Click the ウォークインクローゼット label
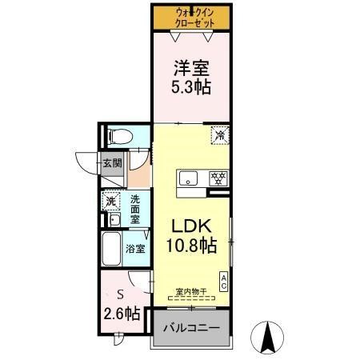pos(191,17)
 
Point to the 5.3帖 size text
pos(191,87)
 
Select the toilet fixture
pos(117,135)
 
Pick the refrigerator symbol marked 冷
pos(218,135)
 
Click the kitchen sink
pos(189,178)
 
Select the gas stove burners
pos(215,178)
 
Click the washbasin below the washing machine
pos(114,220)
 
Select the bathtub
pos(111,250)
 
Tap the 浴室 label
pos(136,249)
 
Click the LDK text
pos(190,226)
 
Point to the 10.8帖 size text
pos(190,246)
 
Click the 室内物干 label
pos(191,292)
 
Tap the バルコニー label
pos(191,328)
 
